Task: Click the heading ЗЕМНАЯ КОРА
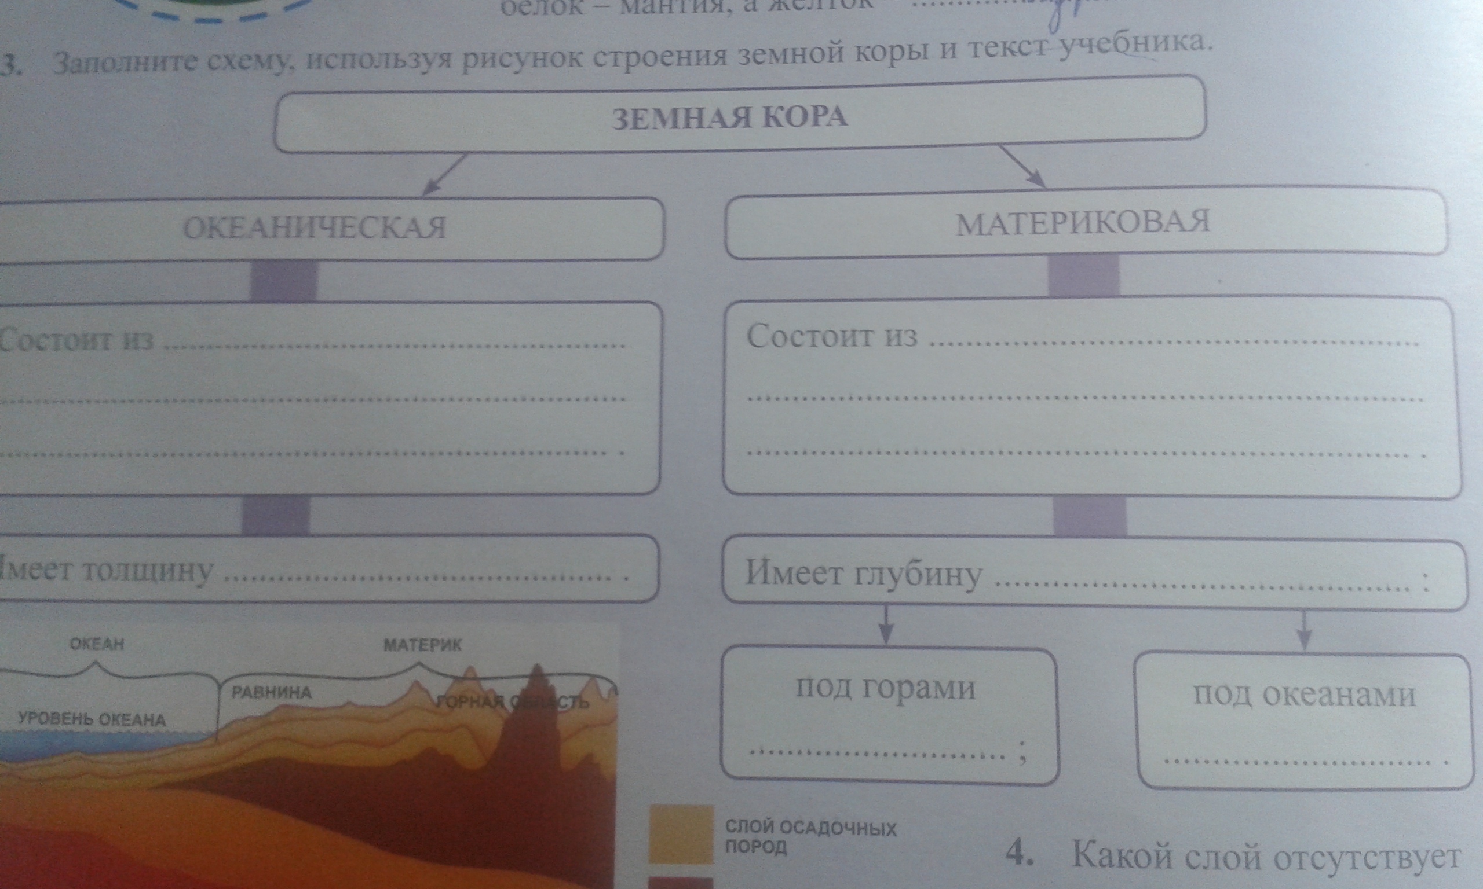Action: (x=729, y=116)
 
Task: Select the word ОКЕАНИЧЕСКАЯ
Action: (x=315, y=227)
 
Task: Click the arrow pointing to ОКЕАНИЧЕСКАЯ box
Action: (x=444, y=174)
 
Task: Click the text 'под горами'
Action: (x=885, y=688)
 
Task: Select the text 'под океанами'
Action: (x=1304, y=695)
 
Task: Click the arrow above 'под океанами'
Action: (x=1305, y=631)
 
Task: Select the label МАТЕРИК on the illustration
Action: (x=423, y=645)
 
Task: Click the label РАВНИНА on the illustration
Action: (x=272, y=693)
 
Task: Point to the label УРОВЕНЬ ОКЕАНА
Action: (x=92, y=719)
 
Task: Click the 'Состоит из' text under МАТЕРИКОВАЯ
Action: (x=832, y=336)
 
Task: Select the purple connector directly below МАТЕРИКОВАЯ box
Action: (x=1083, y=276)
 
